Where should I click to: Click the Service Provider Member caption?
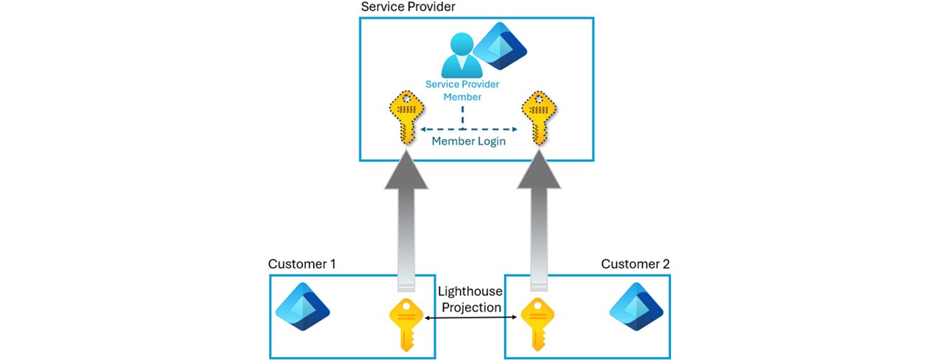pos(462,90)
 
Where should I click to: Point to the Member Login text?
pos(468,141)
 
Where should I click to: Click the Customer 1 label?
pos(302,264)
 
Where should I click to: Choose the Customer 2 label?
pos(635,264)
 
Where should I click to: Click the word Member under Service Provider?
pos(462,96)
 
